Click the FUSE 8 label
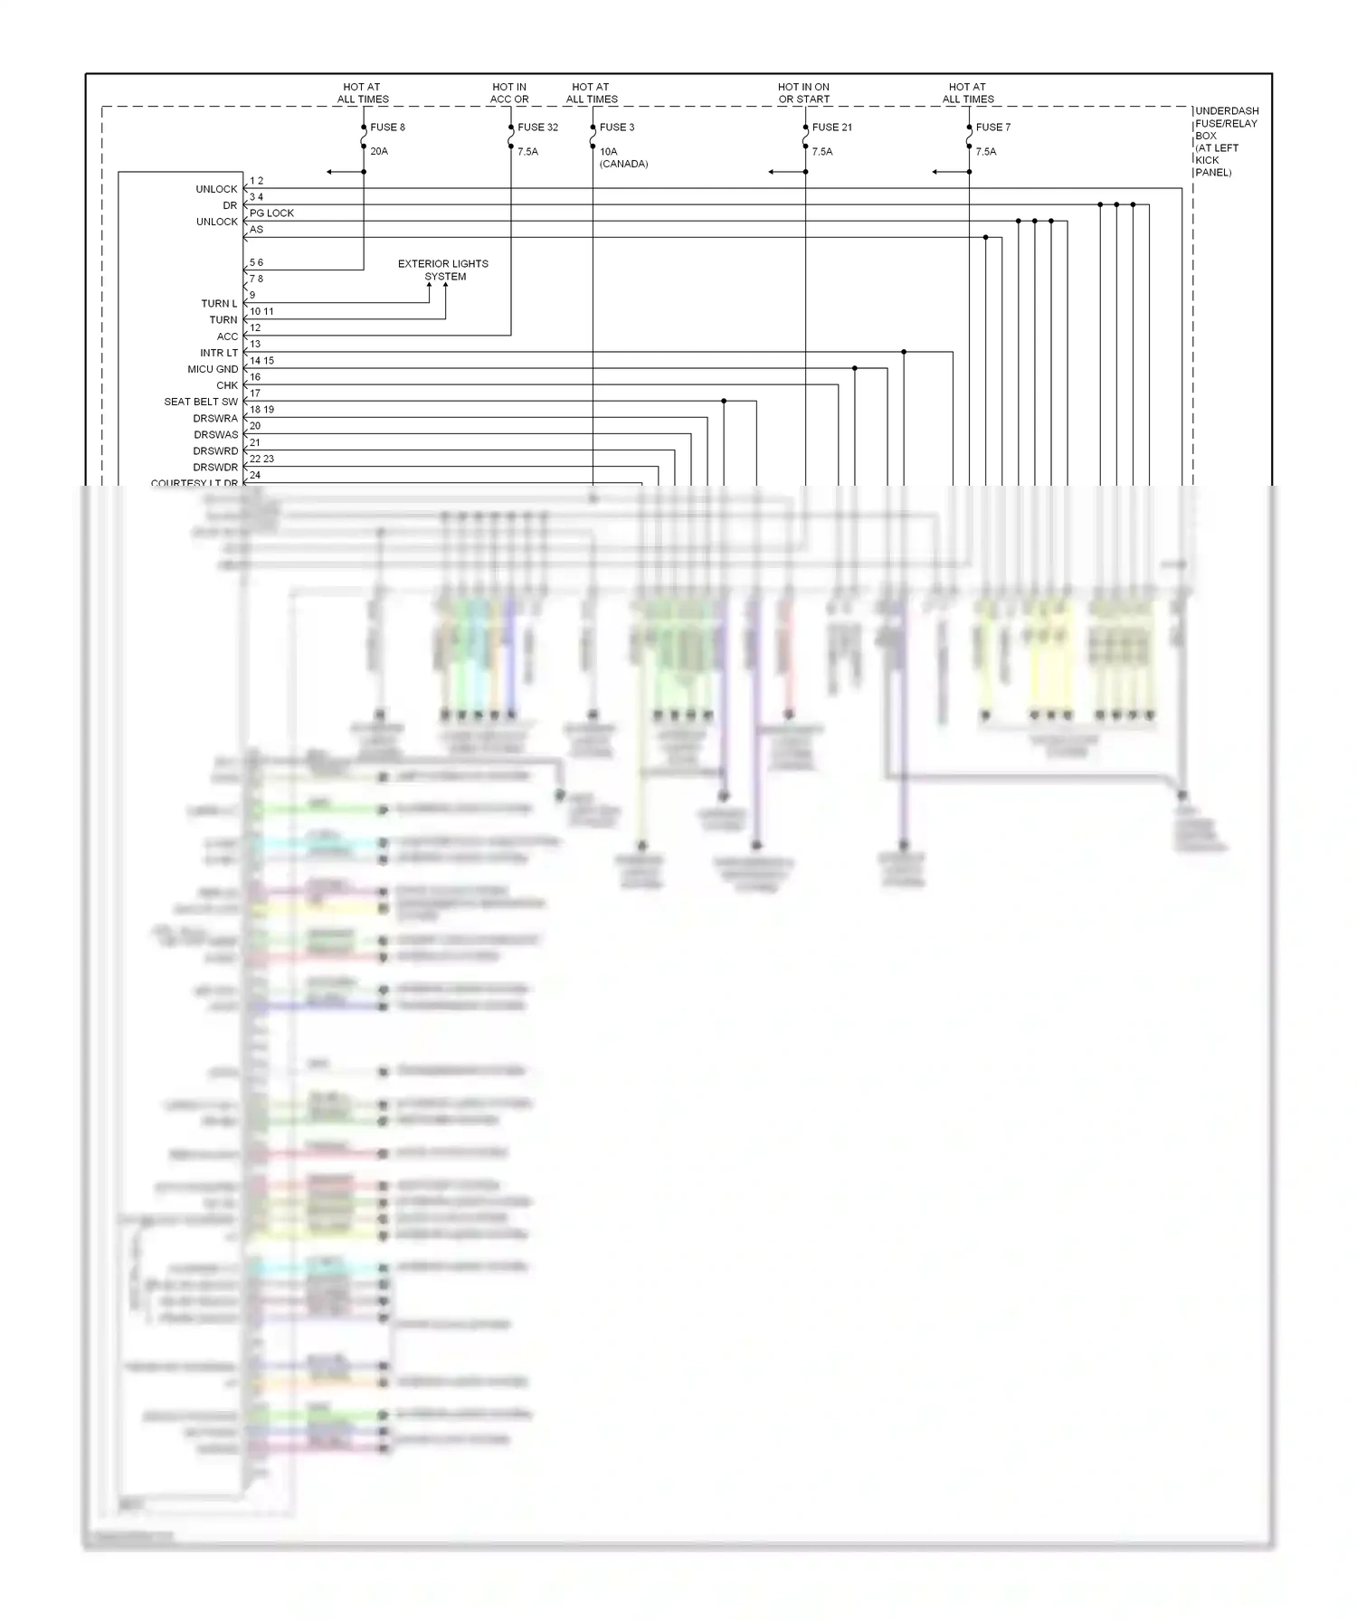point(387,128)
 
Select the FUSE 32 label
point(537,128)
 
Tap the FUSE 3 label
point(617,128)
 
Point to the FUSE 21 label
point(831,128)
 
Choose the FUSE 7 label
point(992,128)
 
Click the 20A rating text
point(379,152)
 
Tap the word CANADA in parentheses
point(623,165)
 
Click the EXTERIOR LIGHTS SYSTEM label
point(443,270)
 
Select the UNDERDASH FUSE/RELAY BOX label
point(1226,142)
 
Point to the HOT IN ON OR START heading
point(803,93)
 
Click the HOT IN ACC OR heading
point(509,93)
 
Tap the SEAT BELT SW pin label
point(201,402)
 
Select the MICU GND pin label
point(213,369)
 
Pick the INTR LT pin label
point(219,353)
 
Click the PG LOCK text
point(271,213)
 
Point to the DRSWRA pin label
point(215,419)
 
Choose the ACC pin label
point(227,336)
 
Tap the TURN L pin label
point(219,304)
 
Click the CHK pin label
point(227,385)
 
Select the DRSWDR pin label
point(215,468)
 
